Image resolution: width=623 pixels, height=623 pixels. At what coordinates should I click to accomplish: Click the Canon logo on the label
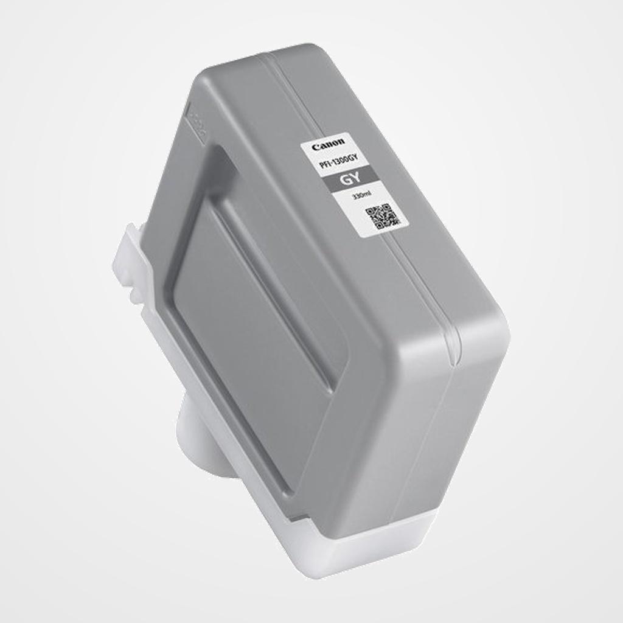click(x=328, y=144)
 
